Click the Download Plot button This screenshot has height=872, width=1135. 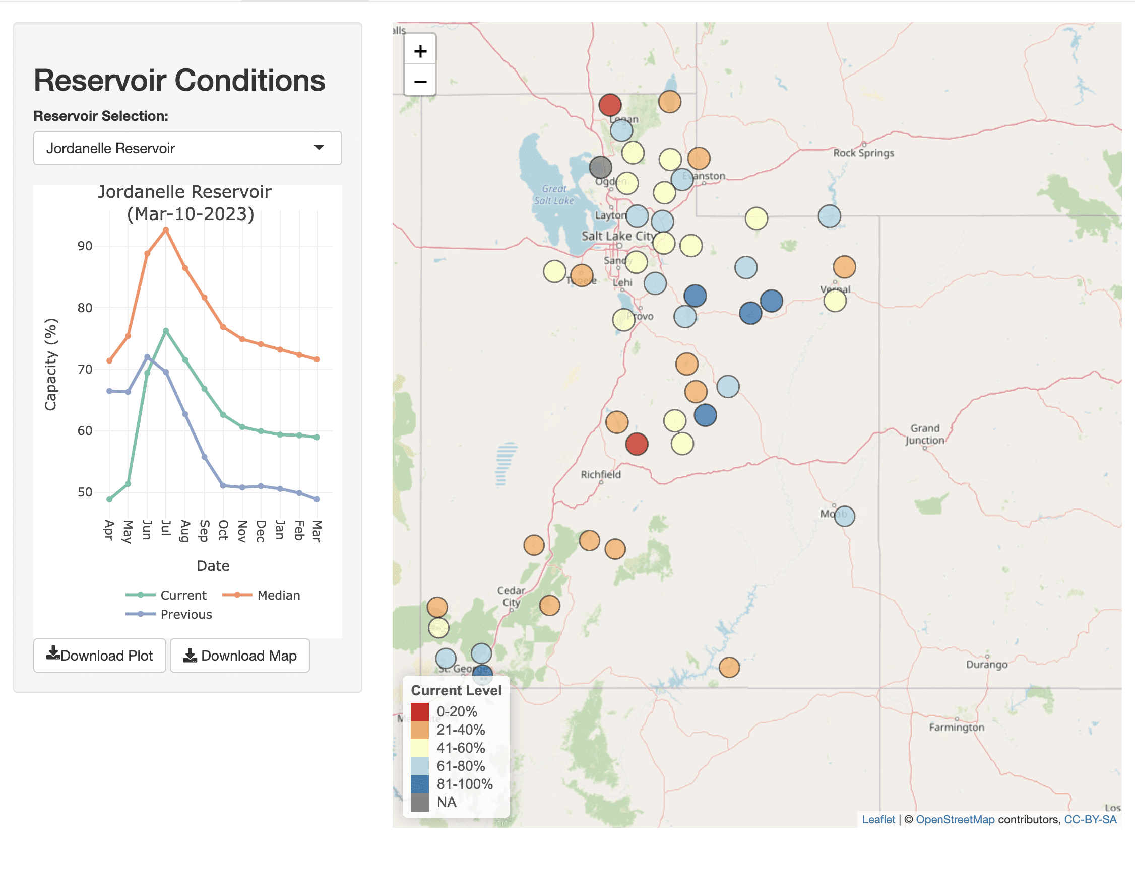(x=100, y=656)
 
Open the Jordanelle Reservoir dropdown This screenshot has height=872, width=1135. (x=187, y=148)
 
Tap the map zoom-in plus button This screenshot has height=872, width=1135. (x=420, y=51)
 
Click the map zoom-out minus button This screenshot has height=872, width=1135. (x=420, y=82)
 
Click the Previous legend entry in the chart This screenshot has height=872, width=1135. (x=169, y=614)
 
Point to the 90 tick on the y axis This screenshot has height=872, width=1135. (x=85, y=246)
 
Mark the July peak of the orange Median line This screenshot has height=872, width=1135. (x=166, y=230)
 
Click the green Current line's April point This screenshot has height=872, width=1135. (x=109, y=499)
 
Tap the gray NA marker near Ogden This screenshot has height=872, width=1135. (x=600, y=167)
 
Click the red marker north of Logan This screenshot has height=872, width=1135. (x=610, y=105)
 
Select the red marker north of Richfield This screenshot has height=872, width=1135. (x=637, y=444)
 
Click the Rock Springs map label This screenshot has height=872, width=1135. (x=863, y=153)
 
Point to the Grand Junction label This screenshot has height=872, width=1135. (x=925, y=434)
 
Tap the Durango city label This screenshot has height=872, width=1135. (x=986, y=665)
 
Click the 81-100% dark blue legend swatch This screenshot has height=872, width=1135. (x=420, y=784)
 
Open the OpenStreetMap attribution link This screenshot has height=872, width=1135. (x=955, y=819)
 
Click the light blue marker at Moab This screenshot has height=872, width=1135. (x=844, y=516)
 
